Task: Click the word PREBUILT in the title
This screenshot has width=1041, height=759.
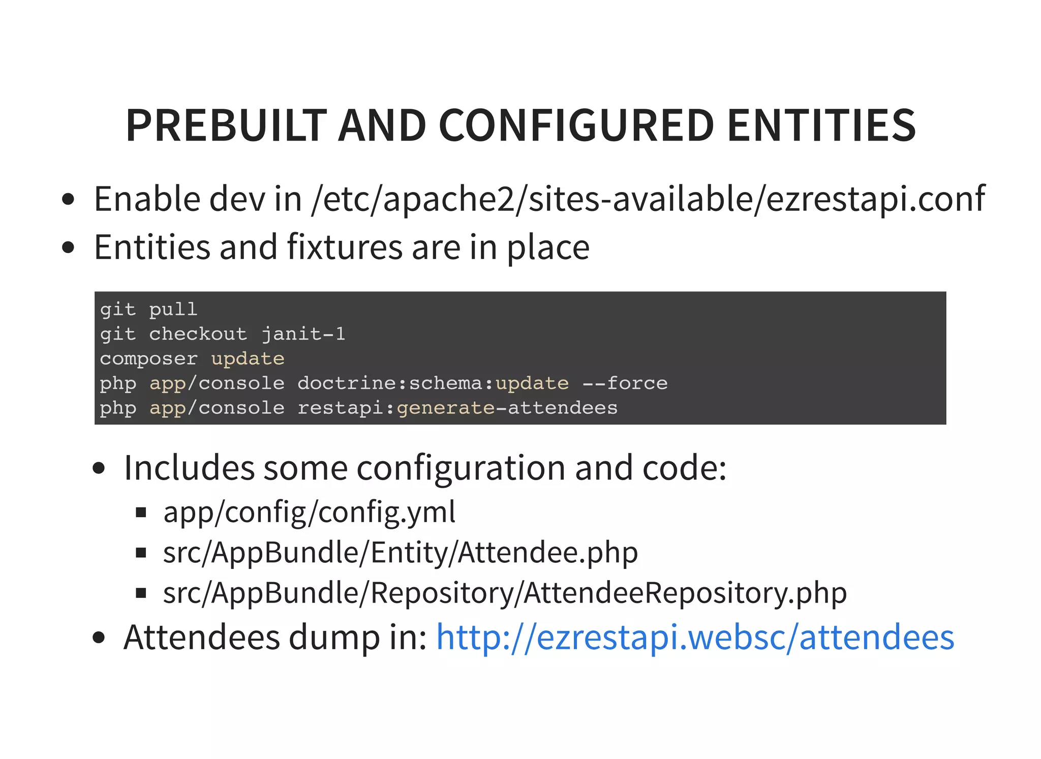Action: [x=226, y=125]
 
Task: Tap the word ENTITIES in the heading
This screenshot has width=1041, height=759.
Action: [x=821, y=125]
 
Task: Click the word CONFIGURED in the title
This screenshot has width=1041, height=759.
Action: [x=576, y=125]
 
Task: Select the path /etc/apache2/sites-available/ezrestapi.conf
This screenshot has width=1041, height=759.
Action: [x=648, y=199]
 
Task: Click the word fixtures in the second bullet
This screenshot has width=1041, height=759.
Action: [x=345, y=247]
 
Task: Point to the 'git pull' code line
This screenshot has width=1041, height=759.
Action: [x=148, y=309]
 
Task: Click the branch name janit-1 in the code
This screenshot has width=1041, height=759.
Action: [x=303, y=334]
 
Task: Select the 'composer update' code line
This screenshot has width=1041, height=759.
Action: [x=192, y=359]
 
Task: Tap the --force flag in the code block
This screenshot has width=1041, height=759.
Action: [x=625, y=383]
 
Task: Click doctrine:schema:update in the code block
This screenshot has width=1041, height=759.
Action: [x=433, y=383]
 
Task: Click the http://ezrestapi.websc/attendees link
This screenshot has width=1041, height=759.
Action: [x=695, y=638]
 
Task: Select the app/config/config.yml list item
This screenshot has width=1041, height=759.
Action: [x=309, y=512]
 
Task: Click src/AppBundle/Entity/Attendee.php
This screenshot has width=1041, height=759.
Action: [x=400, y=553]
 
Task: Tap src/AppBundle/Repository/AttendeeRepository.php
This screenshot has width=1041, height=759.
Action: [x=505, y=593]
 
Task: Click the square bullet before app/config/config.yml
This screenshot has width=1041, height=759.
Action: [x=141, y=513]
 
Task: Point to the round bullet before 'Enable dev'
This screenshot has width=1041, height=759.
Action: [x=68, y=199]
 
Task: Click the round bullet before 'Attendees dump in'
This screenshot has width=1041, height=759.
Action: [x=99, y=638]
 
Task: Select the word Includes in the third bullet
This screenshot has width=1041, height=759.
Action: [x=189, y=468]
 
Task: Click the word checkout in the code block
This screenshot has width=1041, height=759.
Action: [x=198, y=334]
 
